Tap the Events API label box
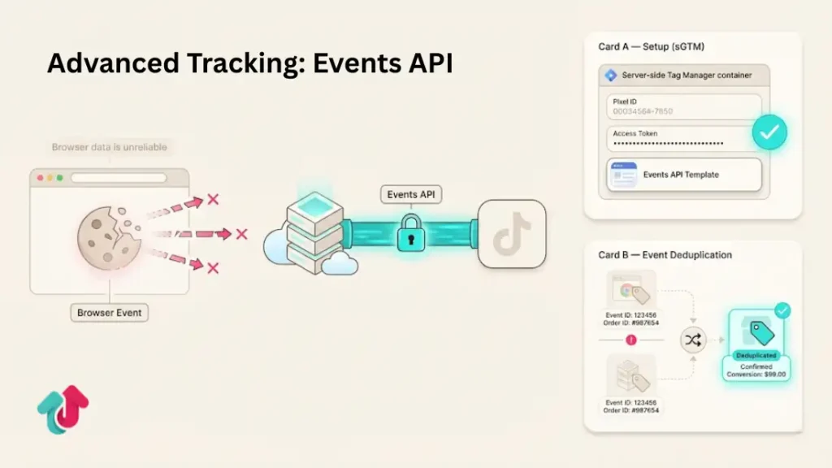point(411,194)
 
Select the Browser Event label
point(109,312)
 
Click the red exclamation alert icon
point(630,340)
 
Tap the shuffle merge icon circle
point(693,340)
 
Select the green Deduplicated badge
point(756,355)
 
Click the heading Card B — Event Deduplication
point(665,254)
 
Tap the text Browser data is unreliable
point(110,147)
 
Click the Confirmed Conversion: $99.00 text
point(756,371)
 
